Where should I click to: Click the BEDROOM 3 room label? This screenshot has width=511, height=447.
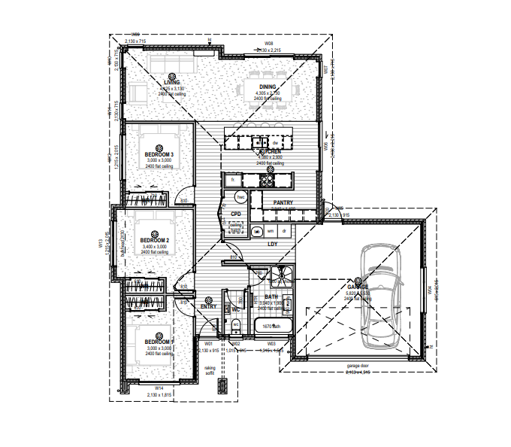click(159, 155)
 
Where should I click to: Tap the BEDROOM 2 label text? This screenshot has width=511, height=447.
click(155, 240)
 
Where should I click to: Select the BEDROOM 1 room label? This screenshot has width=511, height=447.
click(159, 342)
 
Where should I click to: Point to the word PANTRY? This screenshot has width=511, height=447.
click(283, 203)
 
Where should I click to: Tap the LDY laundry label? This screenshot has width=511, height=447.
click(273, 244)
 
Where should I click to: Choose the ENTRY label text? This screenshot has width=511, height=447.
click(208, 306)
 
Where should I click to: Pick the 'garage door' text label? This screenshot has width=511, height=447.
click(358, 366)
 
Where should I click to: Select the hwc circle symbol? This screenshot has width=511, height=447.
click(241, 196)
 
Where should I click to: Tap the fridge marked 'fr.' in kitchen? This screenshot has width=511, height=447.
click(234, 181)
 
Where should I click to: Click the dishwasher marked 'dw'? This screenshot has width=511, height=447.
click(275, 142)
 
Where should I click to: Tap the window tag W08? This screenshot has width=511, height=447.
click(268, 44)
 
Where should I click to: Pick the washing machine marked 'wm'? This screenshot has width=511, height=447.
click(271, 230)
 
